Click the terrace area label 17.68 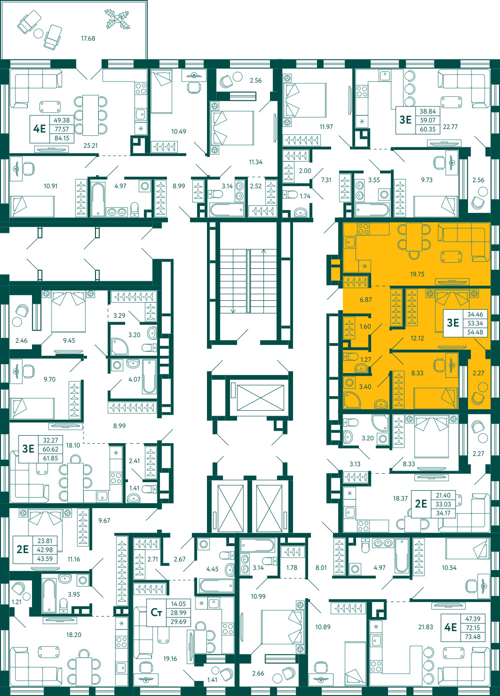tap(88, 38)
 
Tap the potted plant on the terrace tap(117, 19)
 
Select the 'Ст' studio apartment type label tap(156, 613)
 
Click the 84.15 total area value tap(62, 138)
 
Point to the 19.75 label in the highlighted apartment tap(417, 274)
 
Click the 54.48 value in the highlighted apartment tap(475, 332)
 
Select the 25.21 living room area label tap(90, 145)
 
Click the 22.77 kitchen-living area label tap(450, 127)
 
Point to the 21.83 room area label tap(425, 627)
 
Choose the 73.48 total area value tap(472, 637)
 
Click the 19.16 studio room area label tap(170, 659)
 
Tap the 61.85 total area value tap(50, 458)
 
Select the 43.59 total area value tap(45, 568)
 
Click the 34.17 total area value tap(443, 513)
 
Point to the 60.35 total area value tap(427, 129)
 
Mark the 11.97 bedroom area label tap(326, 127)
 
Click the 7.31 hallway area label tap(326, 180)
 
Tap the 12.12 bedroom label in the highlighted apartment tap(417, 338)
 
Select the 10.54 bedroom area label tap(449, 568)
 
